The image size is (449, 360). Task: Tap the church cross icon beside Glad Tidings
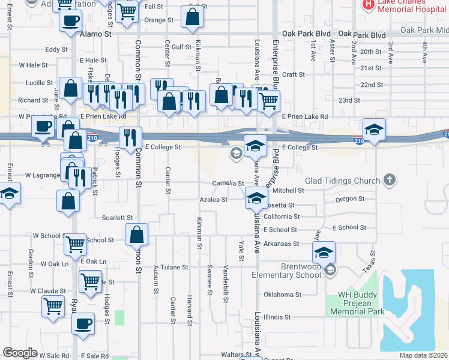(390, 179)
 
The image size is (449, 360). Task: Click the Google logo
(20, 352)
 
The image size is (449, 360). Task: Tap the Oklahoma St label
(281, 295)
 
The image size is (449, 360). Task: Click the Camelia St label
(228, 184)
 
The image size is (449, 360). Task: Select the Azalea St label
(214, 200)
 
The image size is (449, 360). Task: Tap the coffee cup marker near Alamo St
(71, 21)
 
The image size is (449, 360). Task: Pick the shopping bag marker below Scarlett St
(137, 233)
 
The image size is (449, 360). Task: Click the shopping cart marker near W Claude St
(53, 306)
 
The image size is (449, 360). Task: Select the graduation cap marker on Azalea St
(256, 197)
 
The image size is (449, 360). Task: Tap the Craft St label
(294, 74)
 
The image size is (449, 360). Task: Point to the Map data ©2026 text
(424, 355)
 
